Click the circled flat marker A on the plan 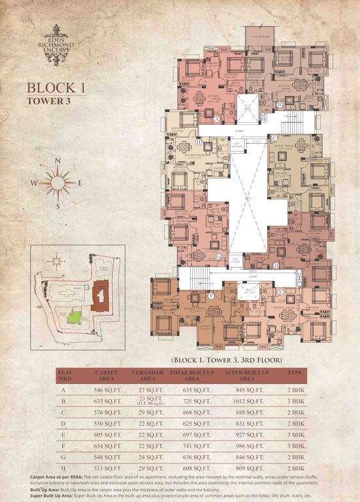tap(216, 119)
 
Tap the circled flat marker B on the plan tap(279, 105)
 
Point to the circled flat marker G tap(218, 256)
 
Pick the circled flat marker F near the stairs tap(211, 295)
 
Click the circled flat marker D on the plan tap(276, 265)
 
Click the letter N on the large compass tap(58, 160)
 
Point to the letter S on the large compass tap(57, 206)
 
